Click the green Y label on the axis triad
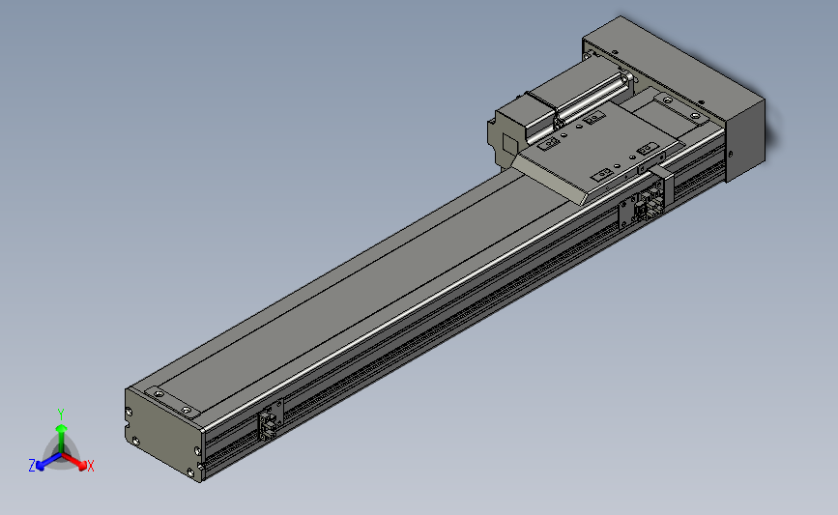point(61,415)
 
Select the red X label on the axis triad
point(90,466)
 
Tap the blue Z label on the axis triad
point(32,466)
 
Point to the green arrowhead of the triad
point(62,428)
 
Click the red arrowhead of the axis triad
point(82,466)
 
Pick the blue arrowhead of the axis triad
point(41,466)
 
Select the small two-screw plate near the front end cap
point(172,402)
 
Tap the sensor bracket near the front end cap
point(271,420)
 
